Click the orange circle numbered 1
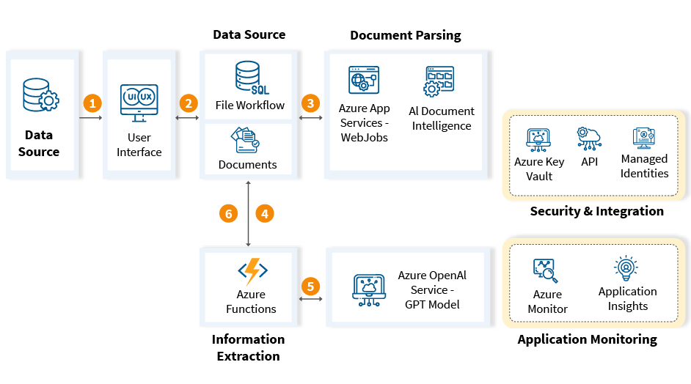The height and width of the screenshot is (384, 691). click(x=92, y=103)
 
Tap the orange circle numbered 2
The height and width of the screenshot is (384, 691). click(x=189, y=103)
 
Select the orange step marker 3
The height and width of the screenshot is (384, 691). click(x=310, y=103)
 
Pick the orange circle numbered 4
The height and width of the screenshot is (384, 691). click(x=264, y=213)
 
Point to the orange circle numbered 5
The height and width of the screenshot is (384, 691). click(x=310, y=286)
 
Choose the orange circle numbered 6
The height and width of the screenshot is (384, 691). click(x=229, y=213)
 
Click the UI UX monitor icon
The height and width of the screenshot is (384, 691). click(x=139, y=100)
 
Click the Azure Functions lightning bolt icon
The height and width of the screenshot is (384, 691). click(x=252, y=271)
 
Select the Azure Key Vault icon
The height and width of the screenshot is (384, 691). click(x=538, y=139)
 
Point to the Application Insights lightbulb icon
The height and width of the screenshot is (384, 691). click(x=626, y=268)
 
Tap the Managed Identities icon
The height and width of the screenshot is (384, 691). click(x=643, y=138)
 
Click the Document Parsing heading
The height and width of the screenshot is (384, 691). click(x=406, y=35)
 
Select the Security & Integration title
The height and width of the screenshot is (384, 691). click(x=596, y=211)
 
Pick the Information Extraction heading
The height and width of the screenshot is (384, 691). click(x=248, y=347)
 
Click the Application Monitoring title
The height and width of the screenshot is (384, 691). click(x=587, y=339)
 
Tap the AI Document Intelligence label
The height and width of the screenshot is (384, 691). click(x=441, y=118)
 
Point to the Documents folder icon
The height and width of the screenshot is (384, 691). click(x=244, y=139)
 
